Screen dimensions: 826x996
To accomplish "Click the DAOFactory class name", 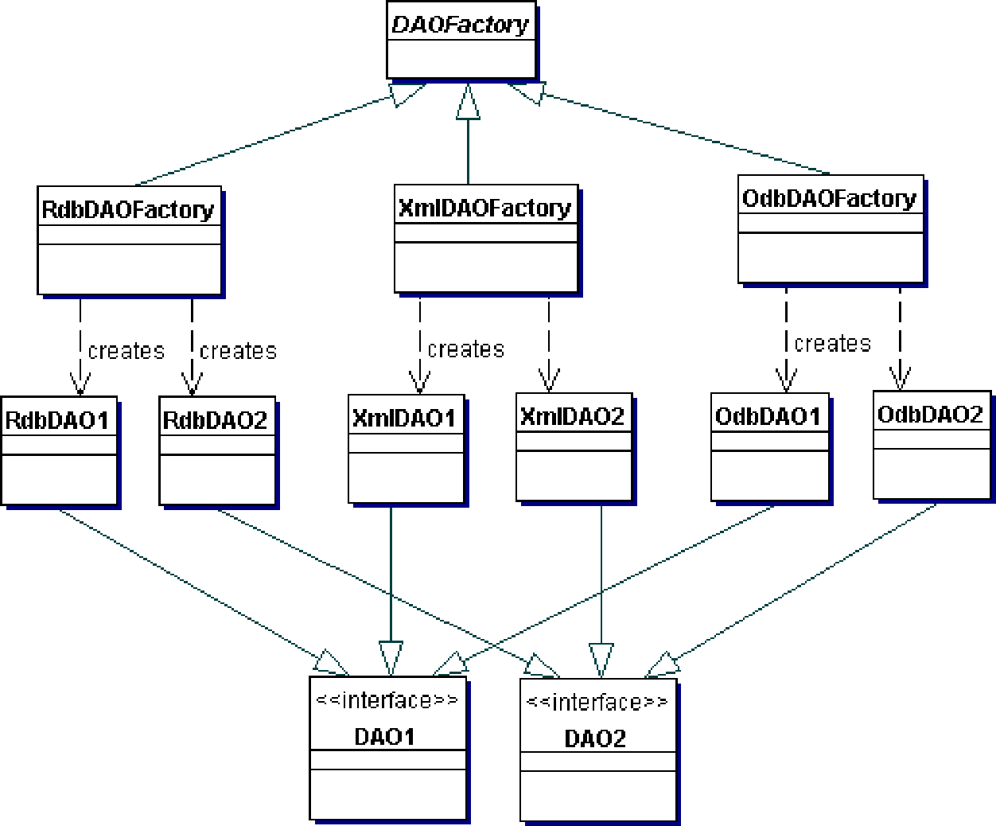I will tap(460, 25).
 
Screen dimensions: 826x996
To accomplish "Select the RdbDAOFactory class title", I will tap(128, 209).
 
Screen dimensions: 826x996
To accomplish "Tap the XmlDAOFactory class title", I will tap(484, 208).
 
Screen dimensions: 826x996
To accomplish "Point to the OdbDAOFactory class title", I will tap(829, 198).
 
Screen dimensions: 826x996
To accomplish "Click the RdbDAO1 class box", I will tap(60, 450).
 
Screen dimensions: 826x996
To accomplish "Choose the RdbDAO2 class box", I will tap(217, 450).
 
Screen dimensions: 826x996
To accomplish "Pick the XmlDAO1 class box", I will tap(406, 448).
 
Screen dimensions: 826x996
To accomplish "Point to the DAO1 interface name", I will tap(385, 736).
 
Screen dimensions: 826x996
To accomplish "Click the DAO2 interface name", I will tap(595, 738).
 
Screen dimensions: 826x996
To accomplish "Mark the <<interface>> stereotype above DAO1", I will tap(387, 700).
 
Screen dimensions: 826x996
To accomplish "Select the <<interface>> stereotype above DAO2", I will tap(597, 702).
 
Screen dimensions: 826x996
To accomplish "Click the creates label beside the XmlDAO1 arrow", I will tap(465, 349).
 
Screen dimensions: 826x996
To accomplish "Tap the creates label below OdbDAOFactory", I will tap(832, 344).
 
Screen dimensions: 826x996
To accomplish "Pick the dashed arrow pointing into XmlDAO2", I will tap(549, 342).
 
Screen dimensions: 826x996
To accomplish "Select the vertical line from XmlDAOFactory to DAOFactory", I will tap(468, 147).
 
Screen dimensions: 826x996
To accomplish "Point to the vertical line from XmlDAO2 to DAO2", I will tap(601, 581).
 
